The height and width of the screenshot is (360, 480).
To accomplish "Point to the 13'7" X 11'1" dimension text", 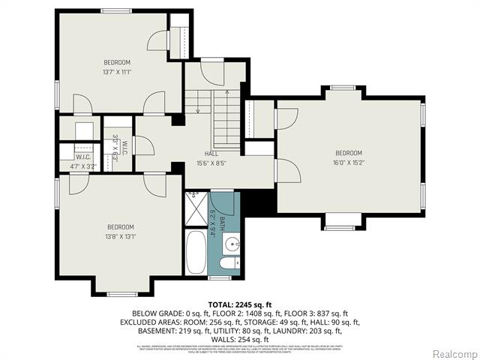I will click(116, 72).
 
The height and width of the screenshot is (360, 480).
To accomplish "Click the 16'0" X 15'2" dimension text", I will click(348, 163).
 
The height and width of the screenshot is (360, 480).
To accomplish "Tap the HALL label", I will click(211, 153).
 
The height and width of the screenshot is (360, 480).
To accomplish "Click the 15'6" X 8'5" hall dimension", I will click(211, 163).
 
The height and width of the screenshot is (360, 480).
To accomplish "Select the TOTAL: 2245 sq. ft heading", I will click(239, 303).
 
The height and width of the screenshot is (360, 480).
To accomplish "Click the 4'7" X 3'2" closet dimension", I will click(84, 166).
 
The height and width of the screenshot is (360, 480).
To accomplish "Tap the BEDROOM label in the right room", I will click(348, 153).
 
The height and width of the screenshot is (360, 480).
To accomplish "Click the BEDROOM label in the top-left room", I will click(116, 62).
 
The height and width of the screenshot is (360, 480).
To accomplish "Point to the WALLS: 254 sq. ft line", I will click(239, 339).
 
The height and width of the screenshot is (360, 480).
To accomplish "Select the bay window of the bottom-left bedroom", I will click(120, 292).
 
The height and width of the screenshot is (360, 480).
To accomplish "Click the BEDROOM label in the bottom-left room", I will click(120, 227).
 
